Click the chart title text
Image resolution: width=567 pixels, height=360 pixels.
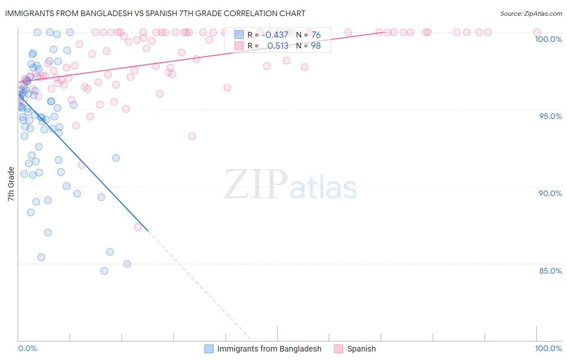155,13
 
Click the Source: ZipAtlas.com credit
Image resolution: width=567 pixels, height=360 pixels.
531,13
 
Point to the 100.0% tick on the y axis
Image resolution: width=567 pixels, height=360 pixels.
548,39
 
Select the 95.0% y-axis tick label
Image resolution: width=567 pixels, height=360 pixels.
550,116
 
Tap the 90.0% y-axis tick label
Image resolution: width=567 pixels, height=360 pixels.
550,193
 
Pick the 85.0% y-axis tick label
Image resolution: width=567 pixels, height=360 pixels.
550,271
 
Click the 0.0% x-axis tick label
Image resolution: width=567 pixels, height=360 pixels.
27,348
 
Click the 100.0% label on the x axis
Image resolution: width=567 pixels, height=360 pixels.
548,348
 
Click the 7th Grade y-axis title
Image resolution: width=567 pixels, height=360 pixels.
11,184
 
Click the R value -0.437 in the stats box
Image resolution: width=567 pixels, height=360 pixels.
275,35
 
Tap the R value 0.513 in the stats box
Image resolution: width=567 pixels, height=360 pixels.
277,46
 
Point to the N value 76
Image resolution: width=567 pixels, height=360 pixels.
316,35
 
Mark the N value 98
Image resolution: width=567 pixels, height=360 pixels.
316,46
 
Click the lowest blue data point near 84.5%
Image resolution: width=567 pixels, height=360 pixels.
104,271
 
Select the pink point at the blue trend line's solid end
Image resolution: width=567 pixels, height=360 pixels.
138,227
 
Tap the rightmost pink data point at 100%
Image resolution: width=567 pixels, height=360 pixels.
537,32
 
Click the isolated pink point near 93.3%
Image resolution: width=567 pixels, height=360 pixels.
192,136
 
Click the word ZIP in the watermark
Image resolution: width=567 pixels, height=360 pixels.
255,184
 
